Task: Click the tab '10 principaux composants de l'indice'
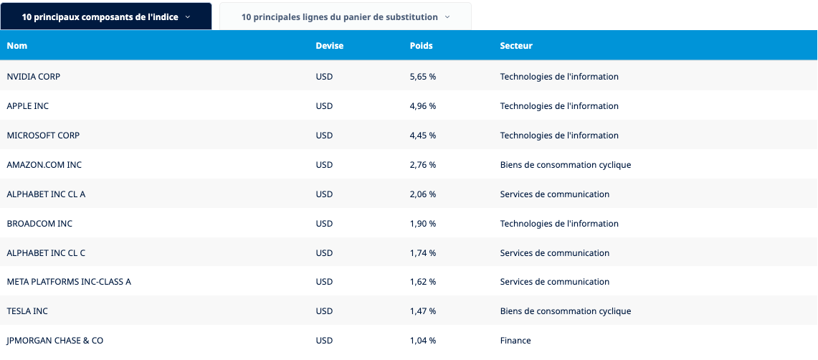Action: pyautogui.click(x=106, y=16)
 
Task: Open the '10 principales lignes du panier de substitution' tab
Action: pyautogui.click(x=346, y=16)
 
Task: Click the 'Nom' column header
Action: pyautogui.click(x=17, y=46)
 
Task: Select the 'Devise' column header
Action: pyautogui.click(x=329, y=46)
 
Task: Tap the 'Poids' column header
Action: pyautogui.click(x=421, y=46)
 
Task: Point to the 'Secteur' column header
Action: pyautogui.click(x=516, y=46)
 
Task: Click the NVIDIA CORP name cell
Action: pyautogui.click(x=34, y=77)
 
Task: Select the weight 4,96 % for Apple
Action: pyautogui.click(x=422, y=106)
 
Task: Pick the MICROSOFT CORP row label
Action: pyautogui.click(x=43, y=136)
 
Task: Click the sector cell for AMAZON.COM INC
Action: pyautogui.click(x=565, y=165)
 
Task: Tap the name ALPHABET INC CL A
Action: pyautogui.click(x=46, y=194)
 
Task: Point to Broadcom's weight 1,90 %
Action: pyautogui.click(x=422, y=224)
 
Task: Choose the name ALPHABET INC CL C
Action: pyautogui.click(x=46, y=253)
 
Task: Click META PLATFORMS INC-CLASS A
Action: pyautogui.click(x=69, y=282)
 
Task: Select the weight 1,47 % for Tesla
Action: pyautogui.click(x=422, y=311)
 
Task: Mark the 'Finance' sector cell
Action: pyautogui.click(x=515, y=341)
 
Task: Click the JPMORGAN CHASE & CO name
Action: pyautogui.click(x=55, y=341)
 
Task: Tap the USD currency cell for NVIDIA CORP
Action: pyautogui.click(x=324, y=77)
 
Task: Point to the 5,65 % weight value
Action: pyautogui.click(x=422, y=77)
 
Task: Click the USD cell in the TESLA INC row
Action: pyautogui.click(x=324, y=311)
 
